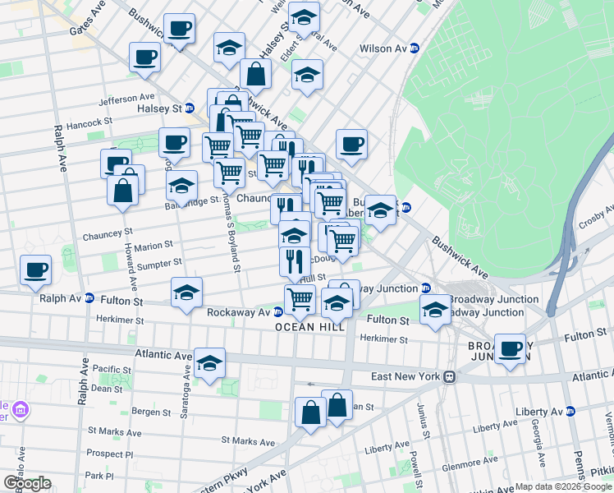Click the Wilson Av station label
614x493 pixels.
383,49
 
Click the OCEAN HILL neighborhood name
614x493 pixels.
306,327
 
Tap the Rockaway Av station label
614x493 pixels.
239,312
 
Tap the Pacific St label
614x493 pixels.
112,369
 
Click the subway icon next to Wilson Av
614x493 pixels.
415,49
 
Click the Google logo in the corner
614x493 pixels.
26,483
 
